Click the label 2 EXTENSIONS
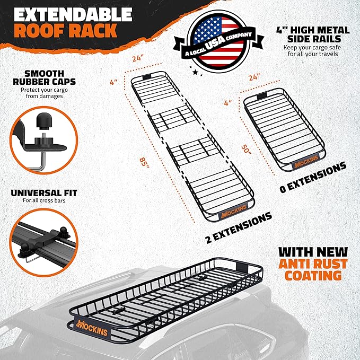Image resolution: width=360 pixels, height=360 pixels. click(x=238, y=227)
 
